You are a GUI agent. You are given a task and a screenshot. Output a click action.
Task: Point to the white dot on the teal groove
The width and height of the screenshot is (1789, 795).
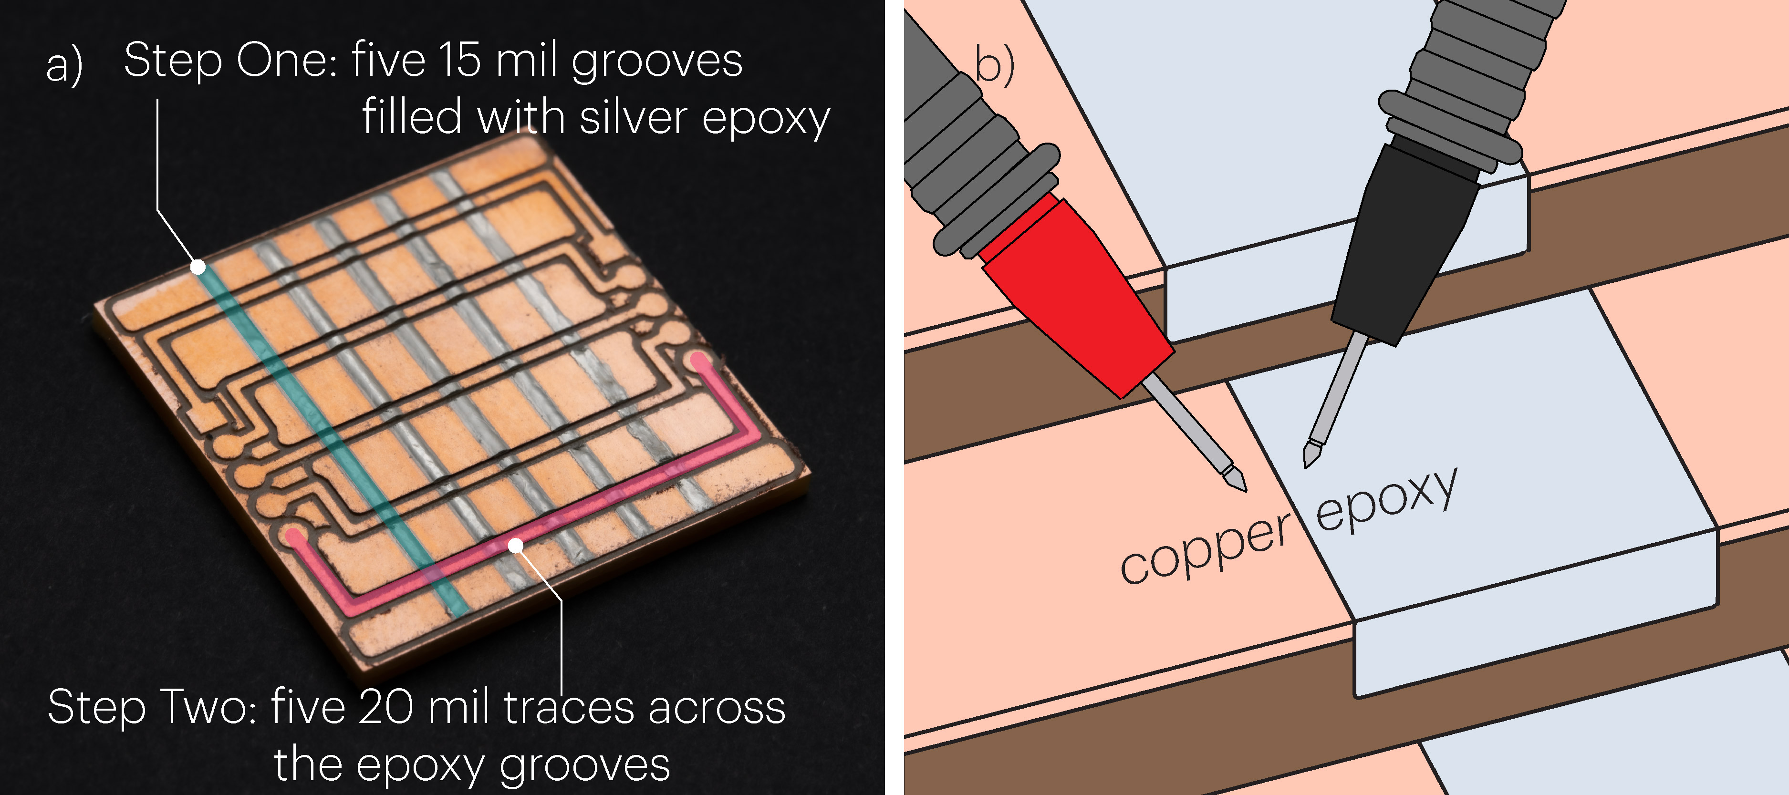pos(198,267)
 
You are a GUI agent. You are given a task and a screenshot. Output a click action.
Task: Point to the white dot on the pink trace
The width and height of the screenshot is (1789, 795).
pos(515,546)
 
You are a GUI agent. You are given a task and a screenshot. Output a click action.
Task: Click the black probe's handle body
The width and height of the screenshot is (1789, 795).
pos(1403,243)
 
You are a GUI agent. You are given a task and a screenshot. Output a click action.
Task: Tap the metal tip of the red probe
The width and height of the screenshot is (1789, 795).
pos(1233,479)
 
